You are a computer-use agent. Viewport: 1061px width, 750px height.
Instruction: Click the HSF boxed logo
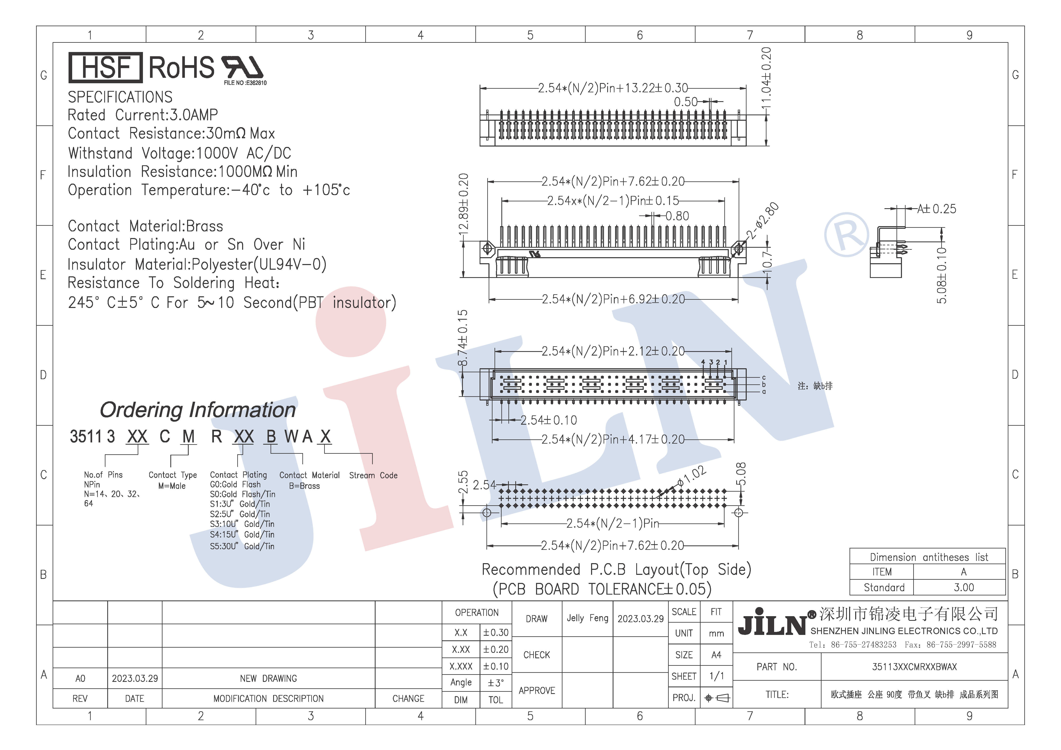coord(105,68)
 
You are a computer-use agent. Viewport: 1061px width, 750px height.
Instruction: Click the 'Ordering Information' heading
coord(198,410)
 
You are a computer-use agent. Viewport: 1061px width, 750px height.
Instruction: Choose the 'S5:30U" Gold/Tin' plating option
coord(242,546)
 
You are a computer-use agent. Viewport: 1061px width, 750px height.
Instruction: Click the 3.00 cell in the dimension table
coord(963,587)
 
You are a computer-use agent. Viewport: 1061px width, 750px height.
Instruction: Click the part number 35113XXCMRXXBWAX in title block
coord(914,667)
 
